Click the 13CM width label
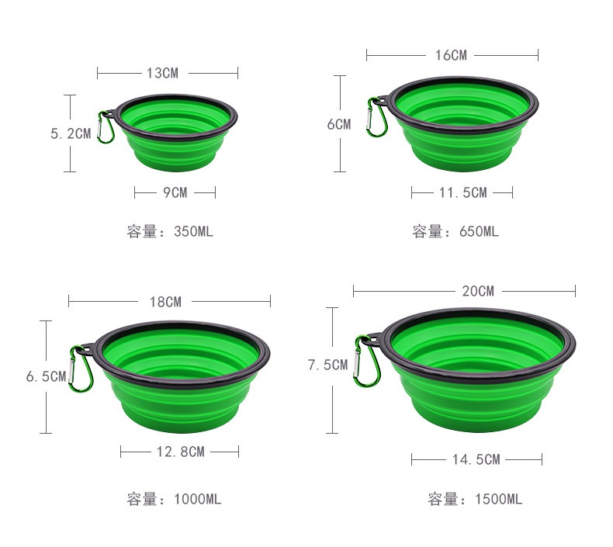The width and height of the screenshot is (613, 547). [162, 73]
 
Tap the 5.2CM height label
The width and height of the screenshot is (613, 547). [71, 133]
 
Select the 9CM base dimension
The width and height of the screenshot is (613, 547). [175, 192]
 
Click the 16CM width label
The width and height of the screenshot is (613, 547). [451, 55]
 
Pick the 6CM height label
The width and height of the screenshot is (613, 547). [338, 124]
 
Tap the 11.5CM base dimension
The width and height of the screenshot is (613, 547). [462, 192]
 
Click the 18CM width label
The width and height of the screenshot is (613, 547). [165, 301]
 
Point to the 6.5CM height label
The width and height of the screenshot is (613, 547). [46, 377]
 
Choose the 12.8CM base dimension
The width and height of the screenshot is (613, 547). [180, 452]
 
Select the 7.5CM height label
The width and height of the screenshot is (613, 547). [327, 365]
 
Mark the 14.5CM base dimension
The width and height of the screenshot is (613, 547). [476, 460]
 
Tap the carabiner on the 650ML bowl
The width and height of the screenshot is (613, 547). [376, 117]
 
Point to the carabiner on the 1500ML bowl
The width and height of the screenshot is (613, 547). [365, 358]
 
